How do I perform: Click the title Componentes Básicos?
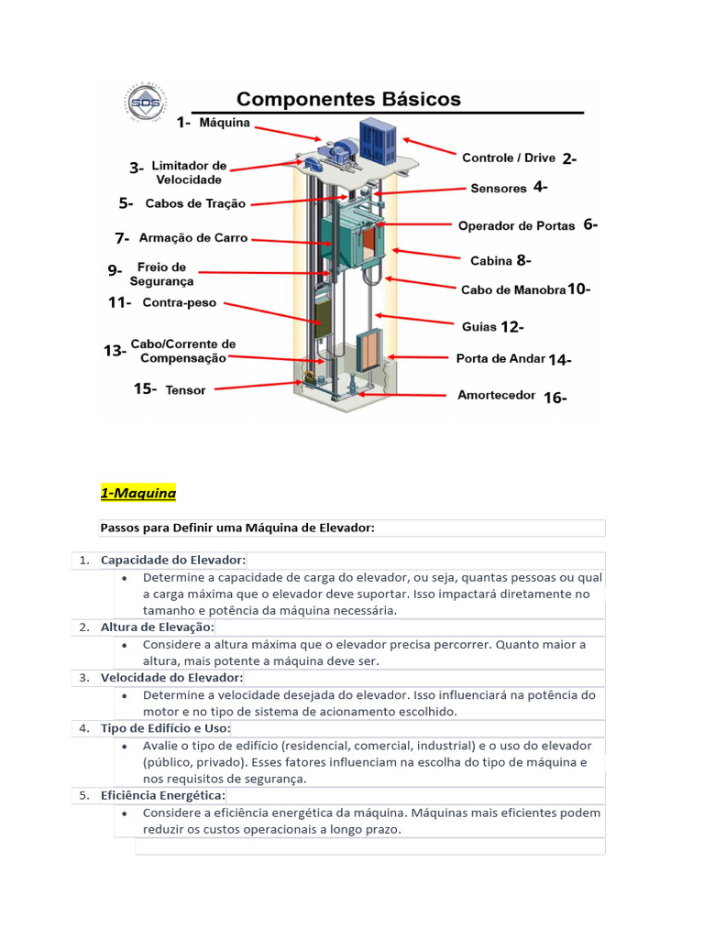point(349,99)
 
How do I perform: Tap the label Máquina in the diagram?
point(225,123)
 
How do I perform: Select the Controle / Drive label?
point(508,158)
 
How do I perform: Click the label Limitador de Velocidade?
point(188,172)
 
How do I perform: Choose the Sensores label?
point(499,189)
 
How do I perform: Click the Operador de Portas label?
point(516,225)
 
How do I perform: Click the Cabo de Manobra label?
point(513,289)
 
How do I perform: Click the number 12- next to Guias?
point(512,326)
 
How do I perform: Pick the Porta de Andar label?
point(500,359)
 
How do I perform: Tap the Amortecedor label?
point(496,396)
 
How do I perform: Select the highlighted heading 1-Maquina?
point(137,494)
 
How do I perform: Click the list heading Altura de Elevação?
point(157,627)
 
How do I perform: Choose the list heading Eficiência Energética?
point(162,795)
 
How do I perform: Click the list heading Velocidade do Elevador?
point(171,677)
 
